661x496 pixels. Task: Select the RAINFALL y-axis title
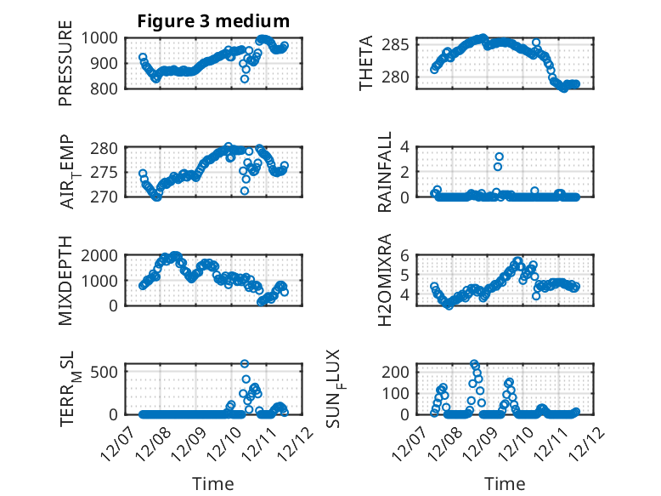coord(385,171)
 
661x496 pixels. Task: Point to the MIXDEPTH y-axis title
coord(65,280)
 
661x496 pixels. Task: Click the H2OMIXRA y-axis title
coord(385,280)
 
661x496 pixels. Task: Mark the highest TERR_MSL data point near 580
coord(245,364)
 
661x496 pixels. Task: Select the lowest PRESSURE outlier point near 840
coord(245,79)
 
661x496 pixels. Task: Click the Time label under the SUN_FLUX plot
coord(505,484)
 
